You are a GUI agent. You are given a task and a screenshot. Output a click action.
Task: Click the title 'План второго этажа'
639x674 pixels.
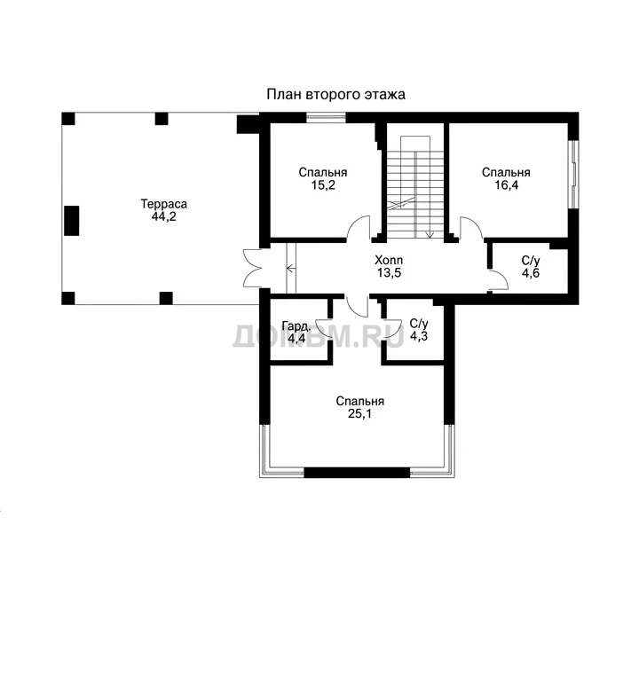(335, 95)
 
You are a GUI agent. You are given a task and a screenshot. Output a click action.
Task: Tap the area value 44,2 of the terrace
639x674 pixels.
(163, 216)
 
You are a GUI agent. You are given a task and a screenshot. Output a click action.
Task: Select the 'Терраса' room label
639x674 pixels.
(164, 204)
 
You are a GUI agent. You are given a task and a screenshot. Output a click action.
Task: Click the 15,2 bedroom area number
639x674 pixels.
(323, 185)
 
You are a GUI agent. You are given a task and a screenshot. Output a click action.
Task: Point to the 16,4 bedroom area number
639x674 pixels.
(507, 185)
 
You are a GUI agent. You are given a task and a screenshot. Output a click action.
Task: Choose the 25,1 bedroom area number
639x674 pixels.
(359, 414)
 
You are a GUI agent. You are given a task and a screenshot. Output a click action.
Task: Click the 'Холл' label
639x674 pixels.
(389, 260)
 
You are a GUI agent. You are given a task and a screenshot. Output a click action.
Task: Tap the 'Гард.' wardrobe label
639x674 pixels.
(296, 325)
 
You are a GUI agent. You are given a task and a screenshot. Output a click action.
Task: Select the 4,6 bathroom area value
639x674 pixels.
(531, 273)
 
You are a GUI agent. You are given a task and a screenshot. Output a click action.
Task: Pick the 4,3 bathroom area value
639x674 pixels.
(419, 336)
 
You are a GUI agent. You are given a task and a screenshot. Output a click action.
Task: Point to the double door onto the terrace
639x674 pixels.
(253, 268)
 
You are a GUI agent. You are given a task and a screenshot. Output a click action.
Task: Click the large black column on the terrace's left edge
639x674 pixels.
(71, 221)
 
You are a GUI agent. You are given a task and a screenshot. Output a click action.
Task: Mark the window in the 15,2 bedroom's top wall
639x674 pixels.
(326, 118)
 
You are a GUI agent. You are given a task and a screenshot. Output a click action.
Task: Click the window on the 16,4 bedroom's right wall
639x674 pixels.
(573, 174)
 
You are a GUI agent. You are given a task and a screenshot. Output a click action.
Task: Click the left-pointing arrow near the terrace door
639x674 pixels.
(291, 269)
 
